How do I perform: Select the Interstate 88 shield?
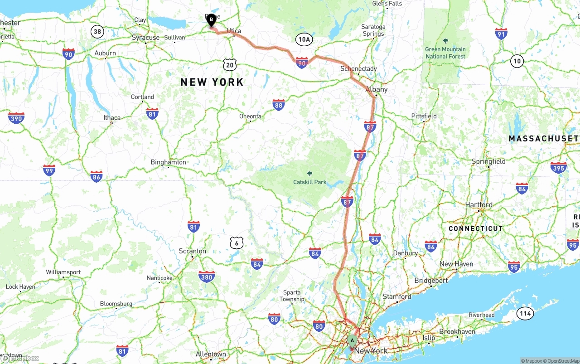[279, 105]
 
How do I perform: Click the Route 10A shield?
[304, 39]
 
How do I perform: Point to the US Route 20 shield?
[230, 64]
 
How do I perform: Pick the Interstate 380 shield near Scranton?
[207, 277]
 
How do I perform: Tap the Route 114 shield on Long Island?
[525, 313]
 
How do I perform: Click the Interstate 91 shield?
[501, 34]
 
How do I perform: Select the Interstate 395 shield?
[558, 168]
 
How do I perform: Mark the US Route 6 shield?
[236, 243]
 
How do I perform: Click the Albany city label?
[377, 89]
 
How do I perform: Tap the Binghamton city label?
[168, 162]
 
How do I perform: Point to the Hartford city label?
[479, 205]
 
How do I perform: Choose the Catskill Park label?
[309, 182]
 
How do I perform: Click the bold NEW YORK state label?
[212, 82]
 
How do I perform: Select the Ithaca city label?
[112, 117]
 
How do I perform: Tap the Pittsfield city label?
[424, 116]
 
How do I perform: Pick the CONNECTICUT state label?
[476, 228]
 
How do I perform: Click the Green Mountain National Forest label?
[445, 53]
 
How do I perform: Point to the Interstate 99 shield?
[49, 170]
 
